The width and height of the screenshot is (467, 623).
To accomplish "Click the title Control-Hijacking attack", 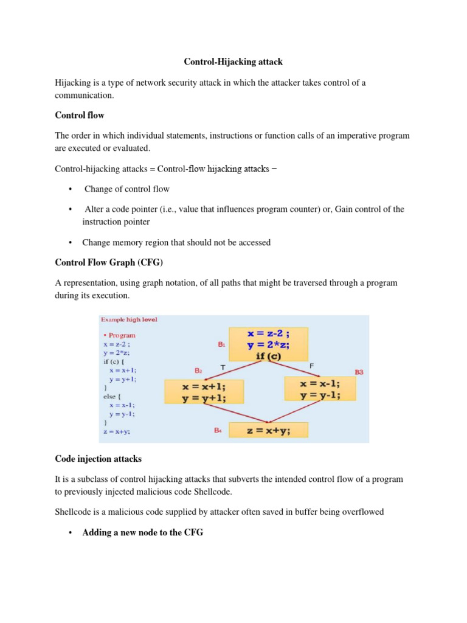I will click(233, 61).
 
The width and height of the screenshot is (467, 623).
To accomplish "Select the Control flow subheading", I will click(79, 114).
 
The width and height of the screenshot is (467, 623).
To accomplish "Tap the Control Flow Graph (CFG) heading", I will click(109, 263).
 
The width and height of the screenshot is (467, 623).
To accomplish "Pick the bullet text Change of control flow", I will click(126, 189).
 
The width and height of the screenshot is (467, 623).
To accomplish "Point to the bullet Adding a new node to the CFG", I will click(142, 532).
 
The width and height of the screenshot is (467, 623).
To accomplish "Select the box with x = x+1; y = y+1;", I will click(204, 392).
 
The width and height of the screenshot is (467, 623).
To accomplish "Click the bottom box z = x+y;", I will click(268, 431).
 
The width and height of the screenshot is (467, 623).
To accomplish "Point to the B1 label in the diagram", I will click(221, 344).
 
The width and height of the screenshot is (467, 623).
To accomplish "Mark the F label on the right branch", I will click(311, 366).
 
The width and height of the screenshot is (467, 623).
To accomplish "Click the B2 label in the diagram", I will click(198, 371).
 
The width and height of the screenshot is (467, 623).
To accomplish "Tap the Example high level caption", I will click(129, 319).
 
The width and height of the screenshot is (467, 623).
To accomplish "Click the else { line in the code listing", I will click(113, 396).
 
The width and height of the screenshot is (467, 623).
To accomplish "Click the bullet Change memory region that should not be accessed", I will click(176, 242).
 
